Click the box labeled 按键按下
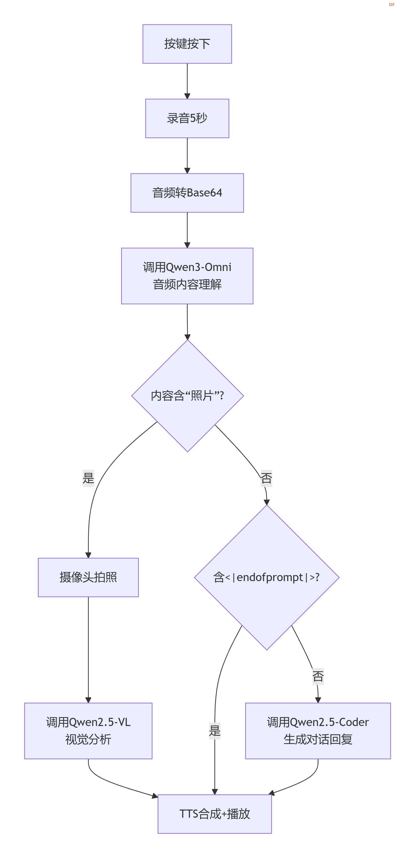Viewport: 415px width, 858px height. pyautogui.click(x=187, y=44)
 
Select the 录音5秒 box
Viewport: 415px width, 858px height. pyautogui.click(x=187, y=118)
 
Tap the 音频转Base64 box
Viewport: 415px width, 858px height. pyautogui.click(x=187, y=193)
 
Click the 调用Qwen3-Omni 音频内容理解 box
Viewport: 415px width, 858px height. pyautogui.click(x=187, y=276)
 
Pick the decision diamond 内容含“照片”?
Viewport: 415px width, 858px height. pyautogui.click(x=187, y=396)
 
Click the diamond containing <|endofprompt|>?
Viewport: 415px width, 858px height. pyautogui.click(x=267, y=577)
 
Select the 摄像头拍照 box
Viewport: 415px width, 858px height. pyautogui.click(x=88, y=577)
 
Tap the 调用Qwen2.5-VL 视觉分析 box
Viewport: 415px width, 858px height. pyautogui.click(x=88, y=731)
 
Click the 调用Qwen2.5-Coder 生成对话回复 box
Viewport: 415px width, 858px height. pyautogui.click(x=318, y=731)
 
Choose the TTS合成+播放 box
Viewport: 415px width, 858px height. pyautogui.click(x=215, y=814)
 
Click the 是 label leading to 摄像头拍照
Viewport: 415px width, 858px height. pyautogui.click(x=88, y=478)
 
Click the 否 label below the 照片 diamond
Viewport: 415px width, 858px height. pyautogui.click(x=266, y=478)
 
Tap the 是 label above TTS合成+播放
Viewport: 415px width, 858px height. pyautogui.click(x=215, y=731)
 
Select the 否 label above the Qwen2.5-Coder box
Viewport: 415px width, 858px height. pyautogui.click(x=318, y=676)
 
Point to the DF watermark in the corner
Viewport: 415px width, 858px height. pyautogui.click(x=392, y=5)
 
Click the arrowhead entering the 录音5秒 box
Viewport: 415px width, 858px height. pyautogui.click(x=187, y=96)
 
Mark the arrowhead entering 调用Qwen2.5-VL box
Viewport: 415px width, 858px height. pyautogui.click(x=88, y=700)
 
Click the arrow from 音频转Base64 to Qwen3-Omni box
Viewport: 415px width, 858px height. pyautogui.click(x=187, y=230)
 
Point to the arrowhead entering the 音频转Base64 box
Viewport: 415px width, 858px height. pyautogui.click(x=187, y=171)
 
